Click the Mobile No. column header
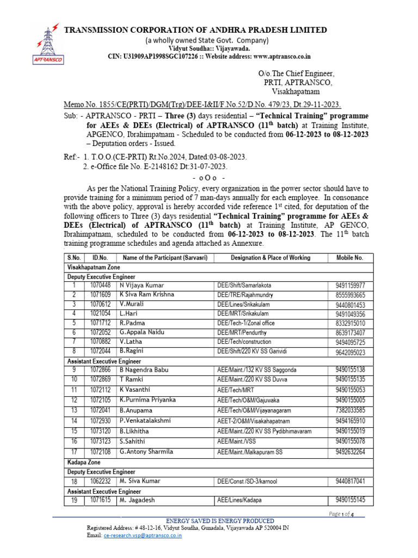(349, 258)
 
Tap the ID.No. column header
(100, 258)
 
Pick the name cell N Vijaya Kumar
(142, 285)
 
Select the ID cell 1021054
(100, 314)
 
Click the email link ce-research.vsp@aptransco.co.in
(142, 536)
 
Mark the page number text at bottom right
(341, 514)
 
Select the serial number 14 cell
(74, 421)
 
